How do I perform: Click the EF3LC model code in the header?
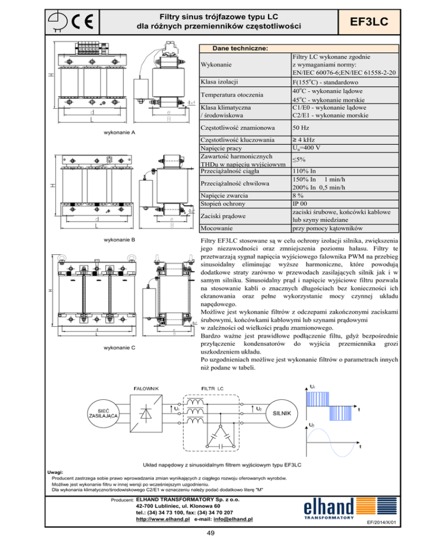click(368, 21)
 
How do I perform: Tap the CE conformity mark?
click(82, 23)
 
